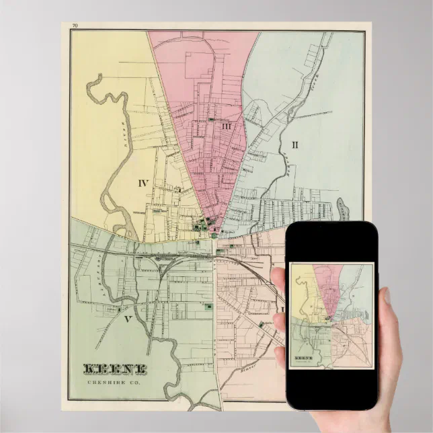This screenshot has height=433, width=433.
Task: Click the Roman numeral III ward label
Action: point(227,126)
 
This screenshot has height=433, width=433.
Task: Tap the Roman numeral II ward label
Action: point(294,143)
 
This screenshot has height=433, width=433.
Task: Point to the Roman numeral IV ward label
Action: point(143,182)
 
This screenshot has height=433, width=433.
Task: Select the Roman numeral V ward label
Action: point(126,319)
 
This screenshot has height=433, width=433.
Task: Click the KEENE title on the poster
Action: point(115,369)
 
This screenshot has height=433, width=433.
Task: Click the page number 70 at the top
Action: point(75,26)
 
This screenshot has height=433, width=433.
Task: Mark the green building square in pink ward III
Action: point(211,119)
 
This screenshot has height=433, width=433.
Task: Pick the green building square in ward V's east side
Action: point(208,307)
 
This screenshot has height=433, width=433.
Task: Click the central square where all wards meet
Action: point(214,235)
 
